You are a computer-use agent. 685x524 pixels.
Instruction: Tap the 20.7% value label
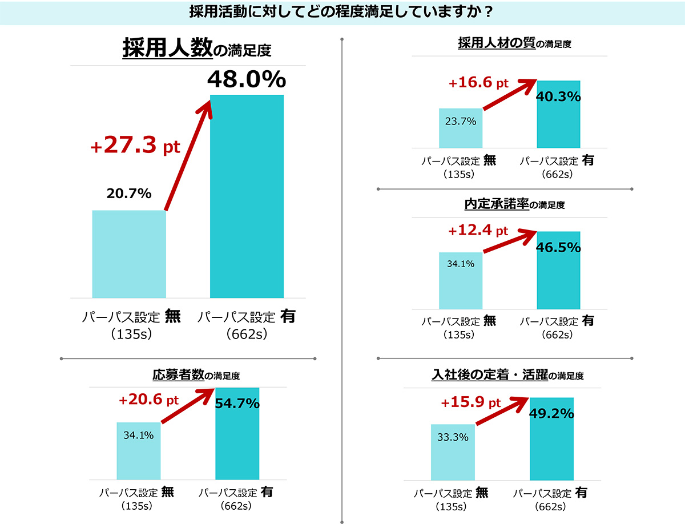[129, 194]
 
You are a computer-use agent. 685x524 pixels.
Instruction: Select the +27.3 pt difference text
[135, 146]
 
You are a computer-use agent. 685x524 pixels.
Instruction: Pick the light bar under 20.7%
[129, 254]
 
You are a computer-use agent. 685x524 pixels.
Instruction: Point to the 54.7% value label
[237, 404]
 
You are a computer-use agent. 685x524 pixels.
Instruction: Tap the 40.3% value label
[559, 96]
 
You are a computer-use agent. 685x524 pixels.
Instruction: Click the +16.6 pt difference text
[478, 83]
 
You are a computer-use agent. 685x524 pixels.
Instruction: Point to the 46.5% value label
[559, 247]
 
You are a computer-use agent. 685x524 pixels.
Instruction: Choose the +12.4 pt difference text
[478, 231]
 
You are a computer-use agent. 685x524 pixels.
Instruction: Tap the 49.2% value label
[551, 413]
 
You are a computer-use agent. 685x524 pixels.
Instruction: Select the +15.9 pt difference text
[470, 403]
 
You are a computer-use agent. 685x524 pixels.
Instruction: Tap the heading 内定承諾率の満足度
[514, 204]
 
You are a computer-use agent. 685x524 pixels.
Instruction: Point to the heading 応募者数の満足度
[196, 375]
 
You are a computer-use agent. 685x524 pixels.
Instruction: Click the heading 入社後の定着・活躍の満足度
[507, 375]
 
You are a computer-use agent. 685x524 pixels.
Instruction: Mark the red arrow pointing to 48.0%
[187, 154]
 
